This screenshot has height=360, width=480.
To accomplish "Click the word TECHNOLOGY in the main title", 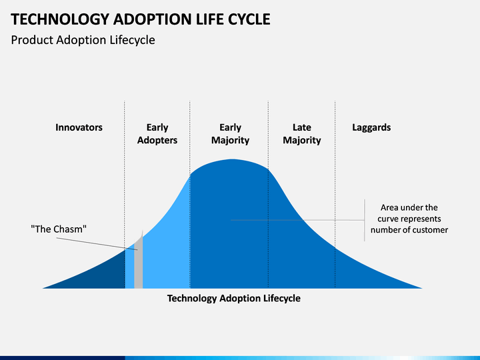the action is [60, 19].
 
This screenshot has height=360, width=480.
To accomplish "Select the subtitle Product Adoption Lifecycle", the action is [83, 40].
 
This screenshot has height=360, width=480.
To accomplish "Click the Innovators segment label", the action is [79, 127].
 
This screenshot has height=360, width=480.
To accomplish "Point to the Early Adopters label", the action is [157, 134].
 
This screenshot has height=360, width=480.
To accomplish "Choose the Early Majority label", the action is [230, 134].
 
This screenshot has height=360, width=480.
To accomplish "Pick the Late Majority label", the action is [302, 134].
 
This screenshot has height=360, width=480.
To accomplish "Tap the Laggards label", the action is [371, 127].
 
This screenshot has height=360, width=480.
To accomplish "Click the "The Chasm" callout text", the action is [59, 229].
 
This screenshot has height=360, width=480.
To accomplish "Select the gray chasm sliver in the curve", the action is [139, 263].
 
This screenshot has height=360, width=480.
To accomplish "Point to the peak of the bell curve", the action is [233, 159].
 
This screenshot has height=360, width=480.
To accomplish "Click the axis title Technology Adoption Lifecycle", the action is [234, 299].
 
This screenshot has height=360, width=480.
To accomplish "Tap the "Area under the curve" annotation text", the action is [409, 219].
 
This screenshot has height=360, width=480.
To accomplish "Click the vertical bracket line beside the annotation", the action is [364, 221].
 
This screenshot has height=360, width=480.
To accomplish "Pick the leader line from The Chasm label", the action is [97, 244].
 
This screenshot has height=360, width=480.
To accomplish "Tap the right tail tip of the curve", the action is [422, 288].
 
